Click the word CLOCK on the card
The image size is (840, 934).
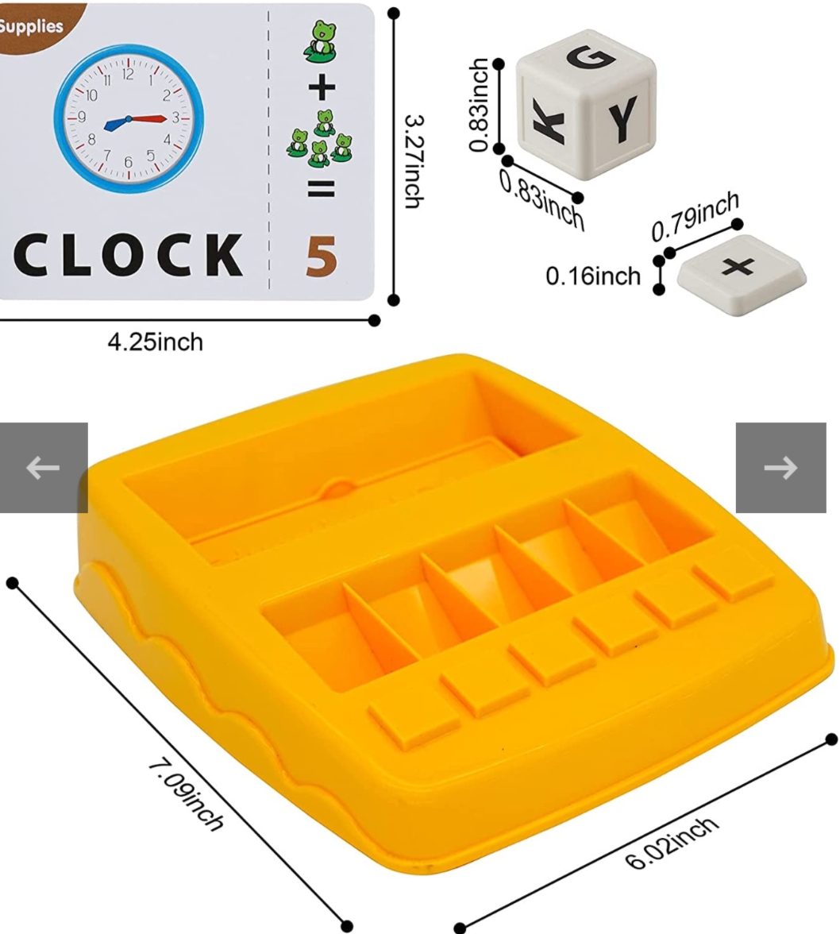128,256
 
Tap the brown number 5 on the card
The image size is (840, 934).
322,257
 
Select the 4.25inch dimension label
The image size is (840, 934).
156,342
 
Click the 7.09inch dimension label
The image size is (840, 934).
185,794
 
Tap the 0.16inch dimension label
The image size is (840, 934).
593,276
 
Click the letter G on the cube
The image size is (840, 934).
591,57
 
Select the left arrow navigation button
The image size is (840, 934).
43,468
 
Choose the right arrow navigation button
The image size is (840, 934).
780,468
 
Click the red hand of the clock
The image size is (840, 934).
149,119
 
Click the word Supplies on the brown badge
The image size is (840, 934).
30,26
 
